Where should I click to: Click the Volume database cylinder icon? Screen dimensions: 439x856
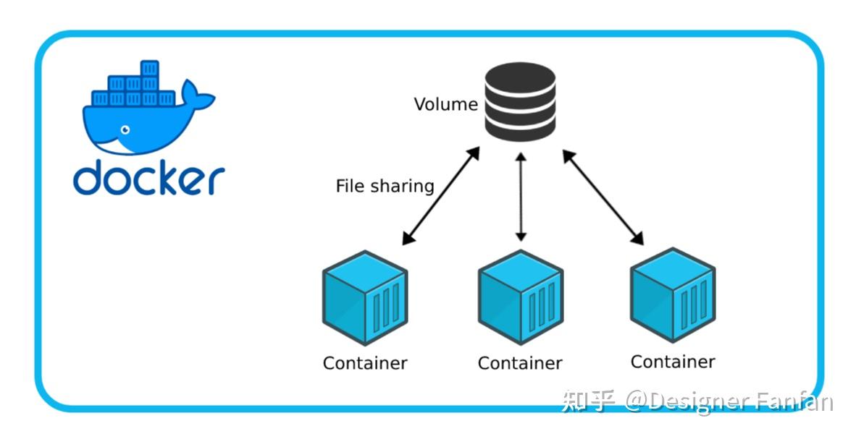[519, 102]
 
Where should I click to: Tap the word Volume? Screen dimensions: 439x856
[445, 104]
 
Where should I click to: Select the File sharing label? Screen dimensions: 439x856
[385, 186]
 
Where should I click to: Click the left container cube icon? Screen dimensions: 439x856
[365, 297]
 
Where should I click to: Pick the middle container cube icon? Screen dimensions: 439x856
[520, 297]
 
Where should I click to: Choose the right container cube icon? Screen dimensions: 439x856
[673, 295]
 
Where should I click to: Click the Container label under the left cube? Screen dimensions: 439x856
[365, 362]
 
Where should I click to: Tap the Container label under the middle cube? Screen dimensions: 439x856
[520, 362]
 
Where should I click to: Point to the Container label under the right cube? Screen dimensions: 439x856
[673, 361]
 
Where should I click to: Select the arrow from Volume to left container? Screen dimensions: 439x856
[441, 195]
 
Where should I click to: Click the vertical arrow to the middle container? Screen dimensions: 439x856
[520, 195]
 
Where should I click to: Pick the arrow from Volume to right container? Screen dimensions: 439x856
[603, 195]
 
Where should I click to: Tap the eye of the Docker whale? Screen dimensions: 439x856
[125, 130]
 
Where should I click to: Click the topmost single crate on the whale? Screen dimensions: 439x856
[149, 69]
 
